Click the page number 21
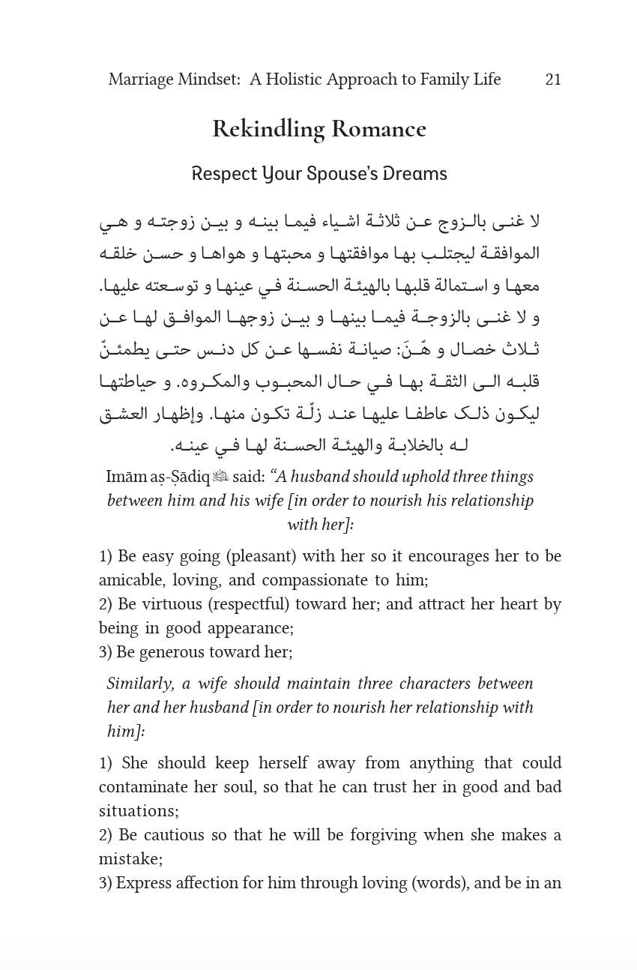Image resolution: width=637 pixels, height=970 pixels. [553, 79]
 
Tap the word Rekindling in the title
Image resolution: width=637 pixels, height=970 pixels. [268, 129]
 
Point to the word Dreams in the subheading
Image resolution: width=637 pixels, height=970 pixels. [415, 174]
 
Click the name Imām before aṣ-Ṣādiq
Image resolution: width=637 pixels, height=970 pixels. [126, 477]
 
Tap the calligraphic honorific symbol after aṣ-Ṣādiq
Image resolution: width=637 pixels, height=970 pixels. [220, 477]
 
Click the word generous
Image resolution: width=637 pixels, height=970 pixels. [172, 652]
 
